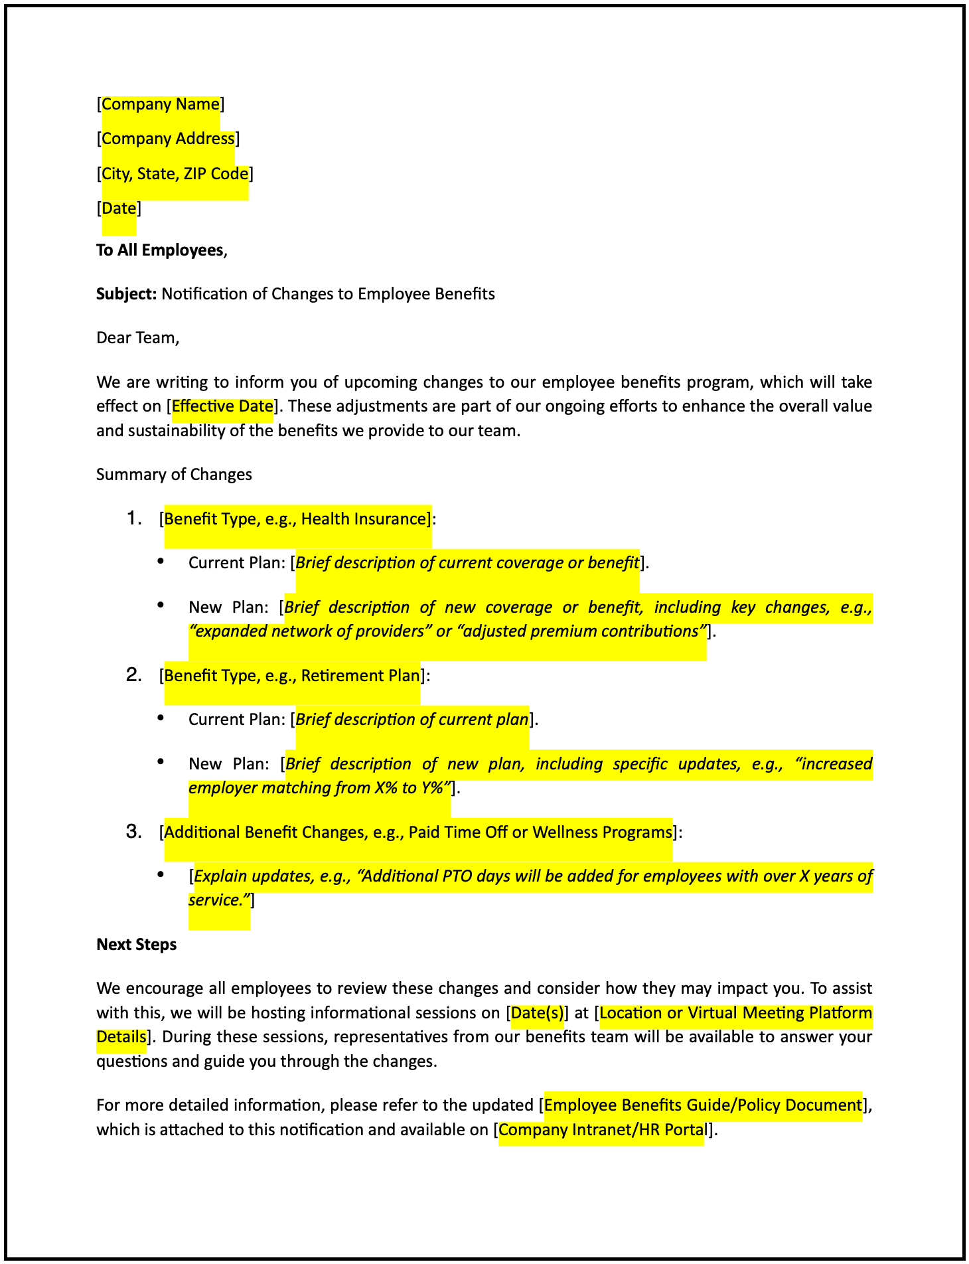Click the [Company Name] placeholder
pos(161,104)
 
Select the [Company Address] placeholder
pos(168,139)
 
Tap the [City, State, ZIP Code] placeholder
pos(175,174)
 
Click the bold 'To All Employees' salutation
pos(160,250)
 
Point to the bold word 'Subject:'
pos(126,294)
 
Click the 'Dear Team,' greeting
pos(138,338)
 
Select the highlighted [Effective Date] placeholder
pos(222,406)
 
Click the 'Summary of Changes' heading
pos(174,475)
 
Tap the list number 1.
pos(134,518)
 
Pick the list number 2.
pos(134,675)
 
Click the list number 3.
pos(134,832)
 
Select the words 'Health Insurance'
pos(362,519)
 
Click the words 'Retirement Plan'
pos(360,676)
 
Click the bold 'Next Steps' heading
pos(137,945)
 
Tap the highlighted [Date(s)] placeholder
pos(537,1013)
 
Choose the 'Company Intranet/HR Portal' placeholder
pos(601,1130)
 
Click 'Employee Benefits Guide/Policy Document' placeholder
pos(702,1105)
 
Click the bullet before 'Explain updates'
pos(161,875)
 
